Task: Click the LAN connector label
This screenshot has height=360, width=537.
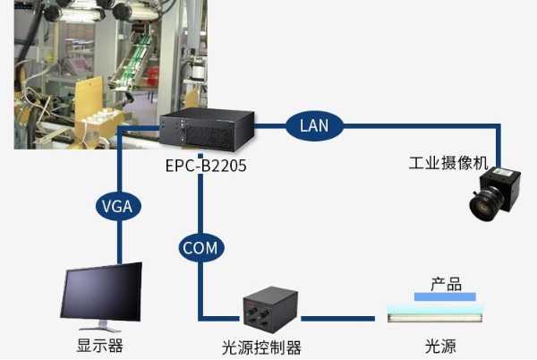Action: (x=314, y=125)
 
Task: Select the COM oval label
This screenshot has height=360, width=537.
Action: (x=199, y=246)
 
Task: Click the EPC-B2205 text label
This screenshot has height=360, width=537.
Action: (x=206, y=167)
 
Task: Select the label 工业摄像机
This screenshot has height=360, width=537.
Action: (x=448, y=164)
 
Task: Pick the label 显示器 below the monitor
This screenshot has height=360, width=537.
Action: (x=99, y=347)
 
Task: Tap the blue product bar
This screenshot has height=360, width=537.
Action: (x=447, y=297)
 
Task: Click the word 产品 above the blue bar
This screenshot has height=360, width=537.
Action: (x=446, y=284)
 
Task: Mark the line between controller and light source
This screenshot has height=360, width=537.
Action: (x=340, y=318)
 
